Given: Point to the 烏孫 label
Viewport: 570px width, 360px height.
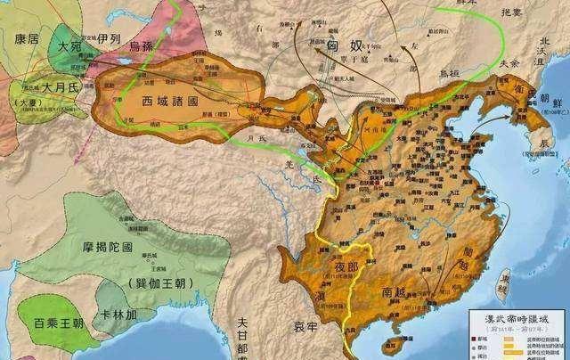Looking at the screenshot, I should (x=143, y=45).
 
